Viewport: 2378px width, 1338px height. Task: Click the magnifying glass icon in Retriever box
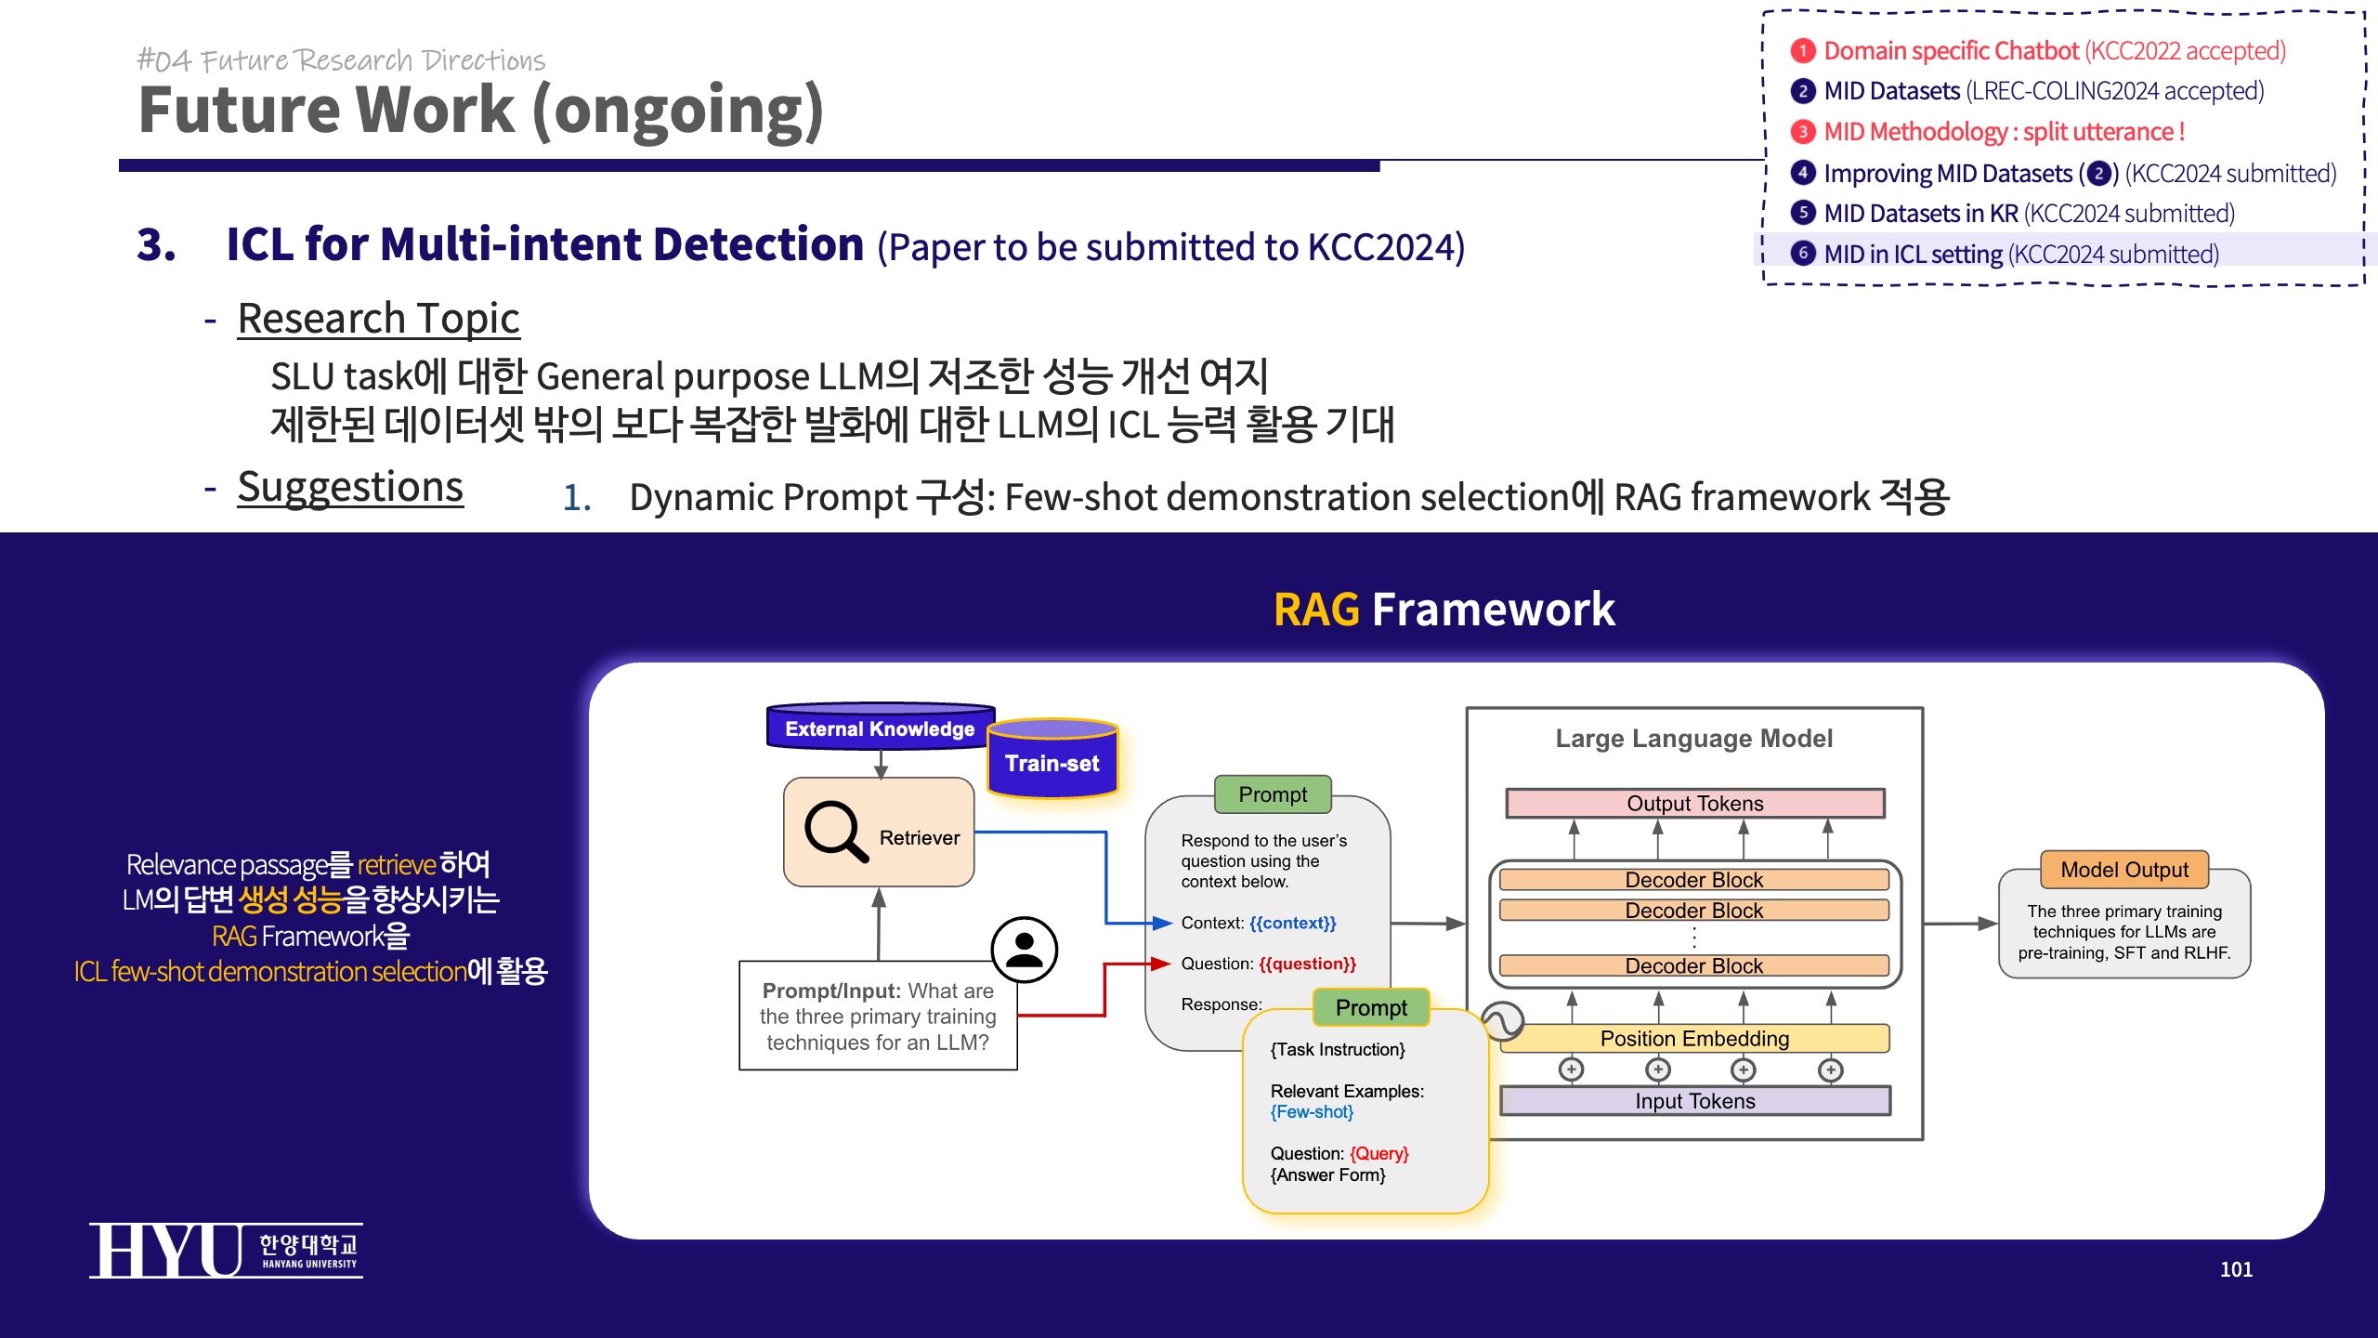[x=835, y=831]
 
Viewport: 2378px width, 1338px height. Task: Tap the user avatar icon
[x=1024, y=949]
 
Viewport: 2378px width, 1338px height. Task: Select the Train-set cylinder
[x=1052, y=761]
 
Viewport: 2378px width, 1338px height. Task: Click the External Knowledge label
[x=880, y=728]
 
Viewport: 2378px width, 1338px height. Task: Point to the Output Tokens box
[x=1694, y=803]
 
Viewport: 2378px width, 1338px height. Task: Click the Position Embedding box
[x=1694, y=1038]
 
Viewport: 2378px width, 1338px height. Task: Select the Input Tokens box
[x=1694, y=1101]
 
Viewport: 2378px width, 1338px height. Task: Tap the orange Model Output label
[x=2123, y=870]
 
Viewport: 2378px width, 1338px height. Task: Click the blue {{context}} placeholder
[x=1292, y=923]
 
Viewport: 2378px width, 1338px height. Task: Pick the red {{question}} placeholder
[x=1307, y=964]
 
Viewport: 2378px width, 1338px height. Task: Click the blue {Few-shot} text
[x=1312, y=1112]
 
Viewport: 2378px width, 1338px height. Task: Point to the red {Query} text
[x=1378, y=1153]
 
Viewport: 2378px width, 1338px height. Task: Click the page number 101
[x=2236, y=1269]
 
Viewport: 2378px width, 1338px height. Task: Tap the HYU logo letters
[x=165, y=1251]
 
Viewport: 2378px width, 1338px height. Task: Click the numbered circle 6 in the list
[x=1802, y=253]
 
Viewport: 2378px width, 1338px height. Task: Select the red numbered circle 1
[x=1802, y=50]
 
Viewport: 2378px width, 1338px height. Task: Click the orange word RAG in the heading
[x=1316, y=610]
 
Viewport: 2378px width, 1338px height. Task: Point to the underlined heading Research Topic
[x=378, y=319]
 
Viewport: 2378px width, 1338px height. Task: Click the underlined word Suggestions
[x=350, y=488]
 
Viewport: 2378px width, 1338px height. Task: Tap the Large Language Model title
[x=1693, y=739]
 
